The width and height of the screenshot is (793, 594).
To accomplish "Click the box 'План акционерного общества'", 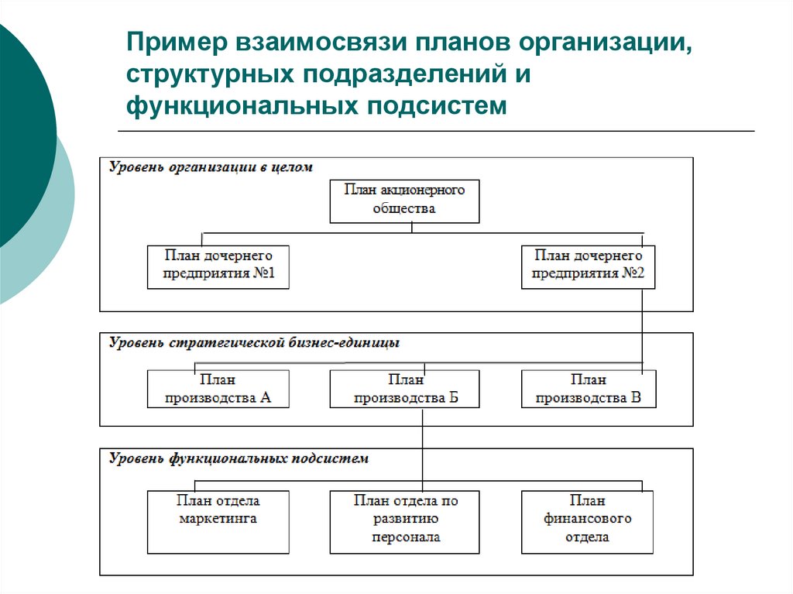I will coord(404,201).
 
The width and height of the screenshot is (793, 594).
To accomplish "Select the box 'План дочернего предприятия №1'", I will coord(218,267).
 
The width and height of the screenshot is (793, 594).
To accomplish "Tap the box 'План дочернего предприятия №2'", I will coord(588,267).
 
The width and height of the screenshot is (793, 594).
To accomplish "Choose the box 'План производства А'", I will coord(218,389).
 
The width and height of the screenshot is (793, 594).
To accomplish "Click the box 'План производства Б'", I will coord(404,389).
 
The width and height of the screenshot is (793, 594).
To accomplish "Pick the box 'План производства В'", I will coord(588,389).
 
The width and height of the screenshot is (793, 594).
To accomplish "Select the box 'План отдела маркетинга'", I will coord(218,521).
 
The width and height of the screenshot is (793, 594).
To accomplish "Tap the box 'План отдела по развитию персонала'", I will coord(404,521).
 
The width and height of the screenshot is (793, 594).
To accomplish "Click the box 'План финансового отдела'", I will coord(588,521).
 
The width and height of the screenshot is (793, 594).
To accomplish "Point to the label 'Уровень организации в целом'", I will coord(210,167).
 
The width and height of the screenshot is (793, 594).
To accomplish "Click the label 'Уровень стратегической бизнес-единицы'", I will coord(254,342).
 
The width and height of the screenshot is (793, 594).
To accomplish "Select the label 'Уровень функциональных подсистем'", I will coord(239,458).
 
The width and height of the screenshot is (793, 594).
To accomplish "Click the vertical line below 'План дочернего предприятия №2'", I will coord(643,325).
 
